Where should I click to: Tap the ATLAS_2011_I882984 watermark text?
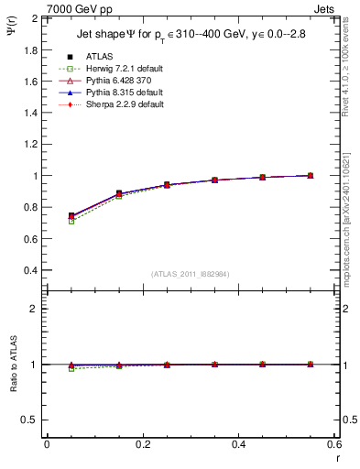191,274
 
